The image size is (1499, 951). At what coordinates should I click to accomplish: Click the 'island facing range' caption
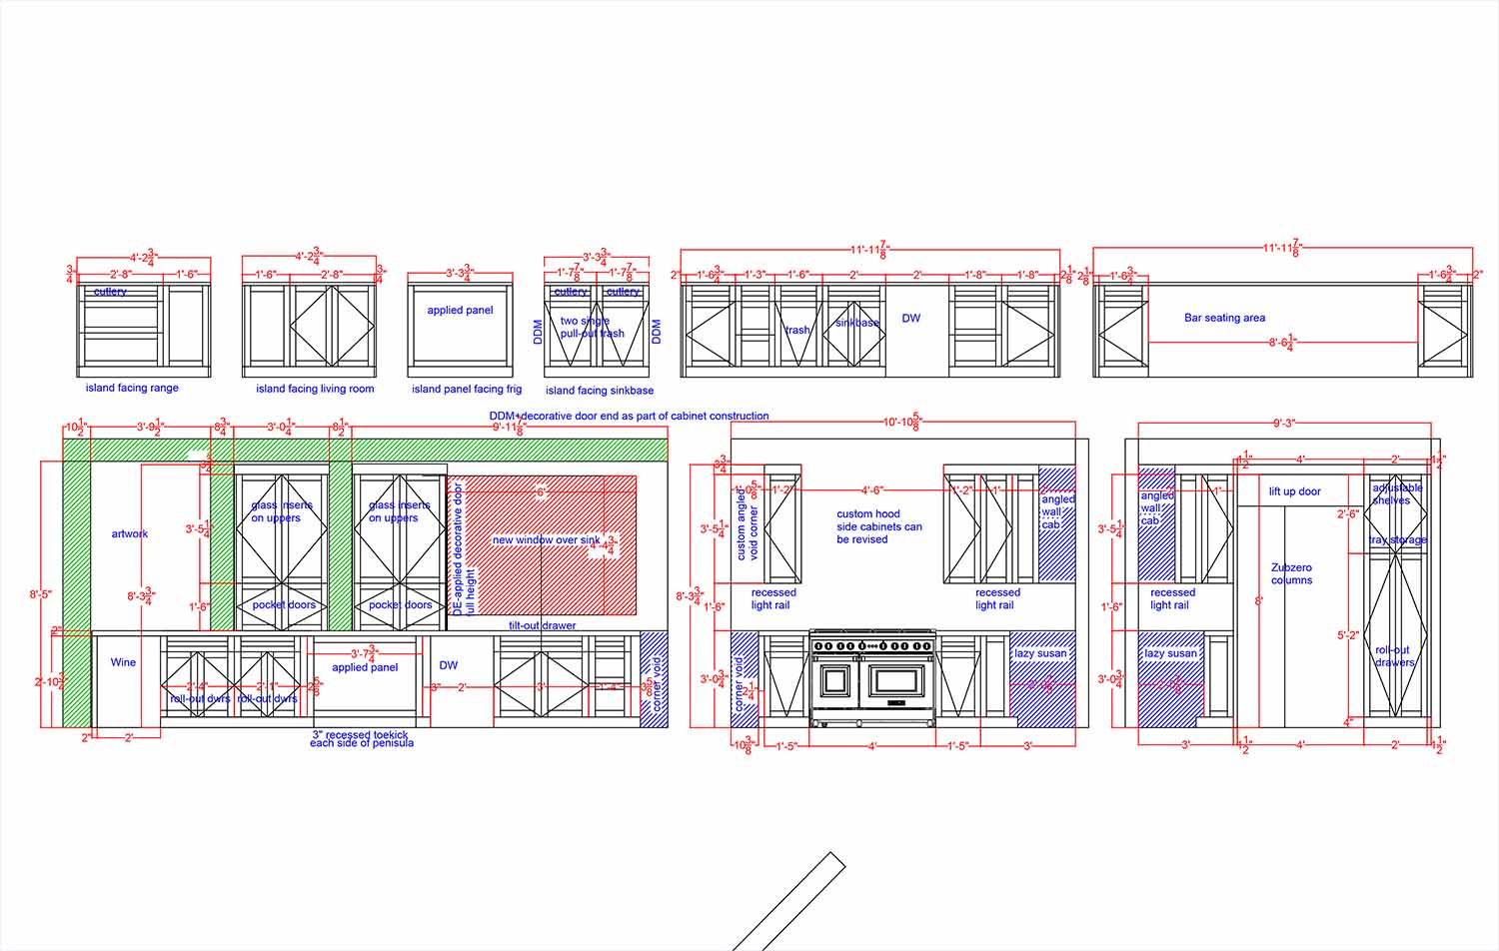click(132, 388)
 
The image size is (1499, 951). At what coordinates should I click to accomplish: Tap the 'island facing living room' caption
click(315, 389)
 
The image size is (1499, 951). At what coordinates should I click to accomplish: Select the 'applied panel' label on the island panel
click(460, 310)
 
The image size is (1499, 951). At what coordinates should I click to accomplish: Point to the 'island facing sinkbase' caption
click(600, 391)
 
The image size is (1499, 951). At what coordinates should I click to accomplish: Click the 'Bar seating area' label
click(1224, 318)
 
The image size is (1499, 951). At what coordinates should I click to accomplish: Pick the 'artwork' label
click(129, 533)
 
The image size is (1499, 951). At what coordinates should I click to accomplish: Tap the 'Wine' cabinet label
click(123, 662)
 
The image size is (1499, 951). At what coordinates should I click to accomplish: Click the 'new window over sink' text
click(546, 540)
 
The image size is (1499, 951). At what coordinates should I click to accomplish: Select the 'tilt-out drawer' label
click(542, 625)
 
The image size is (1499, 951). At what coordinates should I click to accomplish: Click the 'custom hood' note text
click(868, 514)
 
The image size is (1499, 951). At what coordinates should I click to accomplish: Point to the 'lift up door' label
click(1294, 491)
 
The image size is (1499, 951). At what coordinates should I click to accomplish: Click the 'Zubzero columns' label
click(1291, 573)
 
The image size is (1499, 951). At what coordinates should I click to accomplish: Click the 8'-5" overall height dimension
click(41, 594)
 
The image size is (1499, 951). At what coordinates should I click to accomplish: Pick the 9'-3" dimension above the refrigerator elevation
click(1284, 424)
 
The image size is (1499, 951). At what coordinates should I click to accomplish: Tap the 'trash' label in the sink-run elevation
click(797, 330)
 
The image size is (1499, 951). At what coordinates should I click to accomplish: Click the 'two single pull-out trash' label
click(592, 328)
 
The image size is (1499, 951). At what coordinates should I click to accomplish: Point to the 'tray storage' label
click(1397, 540)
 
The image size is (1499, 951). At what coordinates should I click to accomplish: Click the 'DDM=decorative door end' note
click(629, 416)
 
